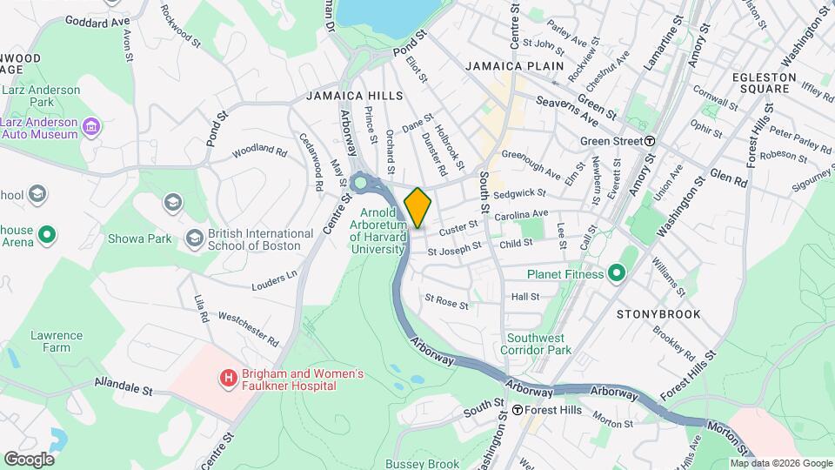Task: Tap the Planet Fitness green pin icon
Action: point(617,274)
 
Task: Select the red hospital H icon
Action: point(228,378)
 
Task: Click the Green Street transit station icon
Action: point(650,141)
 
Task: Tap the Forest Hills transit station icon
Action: point(518,410)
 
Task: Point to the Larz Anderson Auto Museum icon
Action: point(90,130)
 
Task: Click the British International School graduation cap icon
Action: point(192,238)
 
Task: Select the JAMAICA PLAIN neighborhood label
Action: point(514,66)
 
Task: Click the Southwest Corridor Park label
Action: point(539,344)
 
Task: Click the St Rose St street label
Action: point(446,305)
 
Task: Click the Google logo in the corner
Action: point(29,459)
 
